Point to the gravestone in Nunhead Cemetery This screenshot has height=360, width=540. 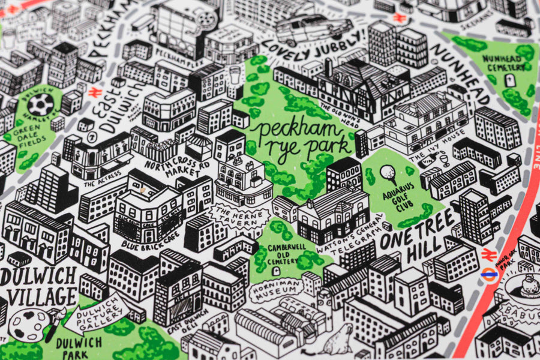click(510, 80)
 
